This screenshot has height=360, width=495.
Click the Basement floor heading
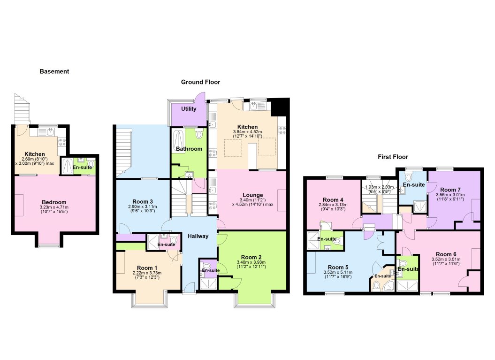tap(54, 72)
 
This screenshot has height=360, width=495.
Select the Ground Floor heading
tap(200, 82)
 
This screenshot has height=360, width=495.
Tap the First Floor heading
tap(393, 157)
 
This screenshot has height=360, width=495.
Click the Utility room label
tap(189, 109)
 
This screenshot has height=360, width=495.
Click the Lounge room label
tap(252, 195)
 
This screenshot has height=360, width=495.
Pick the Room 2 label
tap(253, 257)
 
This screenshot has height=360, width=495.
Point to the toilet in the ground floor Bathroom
tap(199, 135)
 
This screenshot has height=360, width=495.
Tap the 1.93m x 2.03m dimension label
tap(381, 187)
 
